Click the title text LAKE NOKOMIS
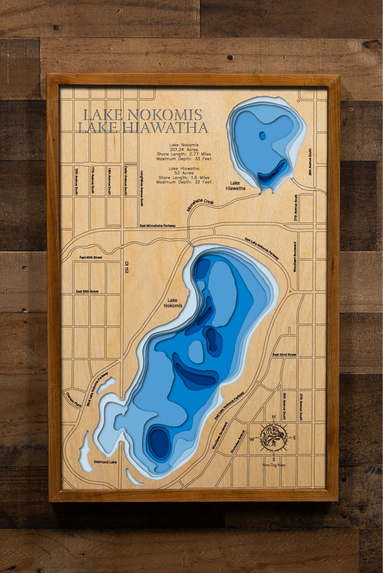(142, 115)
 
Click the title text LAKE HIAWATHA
(143, 128)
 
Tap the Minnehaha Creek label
(200, 204)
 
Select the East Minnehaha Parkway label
(157, 226)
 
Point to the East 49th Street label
(91, 258)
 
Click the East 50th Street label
(87, 292)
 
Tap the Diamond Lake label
(105, 462)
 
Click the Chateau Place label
(74, 399)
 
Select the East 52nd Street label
(284, 355)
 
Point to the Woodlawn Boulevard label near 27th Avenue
(295, 257)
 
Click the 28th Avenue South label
(310, 162)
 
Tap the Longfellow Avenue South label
(142, 188)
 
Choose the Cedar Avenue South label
(126, 181)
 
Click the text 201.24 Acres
(184, 150)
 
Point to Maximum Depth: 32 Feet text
(184, 182)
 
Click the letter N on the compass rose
(274, 417)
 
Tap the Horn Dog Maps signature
(274, 465)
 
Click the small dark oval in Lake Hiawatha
(262, 136)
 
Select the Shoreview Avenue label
(233, 442)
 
